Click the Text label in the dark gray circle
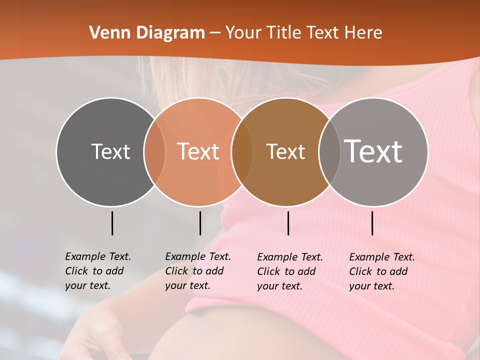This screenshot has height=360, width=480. [x=110, y=151]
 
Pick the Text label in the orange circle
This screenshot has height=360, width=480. [x=198, y=151]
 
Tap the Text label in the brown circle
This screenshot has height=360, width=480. [x=285, y=151]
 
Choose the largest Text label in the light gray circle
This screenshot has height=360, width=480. [x=373, y=151]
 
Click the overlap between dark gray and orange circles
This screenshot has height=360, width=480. [x=154, y=151]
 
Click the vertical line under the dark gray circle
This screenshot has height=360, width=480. [x=112, y=223]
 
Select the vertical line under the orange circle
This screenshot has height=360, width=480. [x=200, y=223]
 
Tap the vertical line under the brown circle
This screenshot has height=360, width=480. [x=288, y=223]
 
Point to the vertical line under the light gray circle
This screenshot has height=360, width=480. [x=372, y=223]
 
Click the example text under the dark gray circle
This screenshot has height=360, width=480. [x=97, y=271]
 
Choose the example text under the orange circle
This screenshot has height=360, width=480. [x=197, y=271]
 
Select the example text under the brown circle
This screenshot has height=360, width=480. [x=289, y=271]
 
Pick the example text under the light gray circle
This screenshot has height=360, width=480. [x=381, y=271]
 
